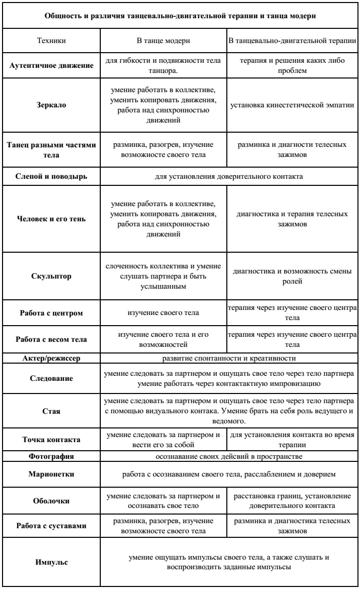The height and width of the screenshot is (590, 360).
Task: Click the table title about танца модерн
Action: pos(180,16)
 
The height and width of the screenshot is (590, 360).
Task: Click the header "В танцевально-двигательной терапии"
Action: pos(293,39)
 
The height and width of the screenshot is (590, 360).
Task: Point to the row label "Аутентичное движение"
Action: pos(51,66)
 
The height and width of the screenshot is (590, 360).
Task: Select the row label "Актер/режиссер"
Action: pos(51,358)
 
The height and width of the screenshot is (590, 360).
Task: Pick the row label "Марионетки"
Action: pos(51,460)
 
